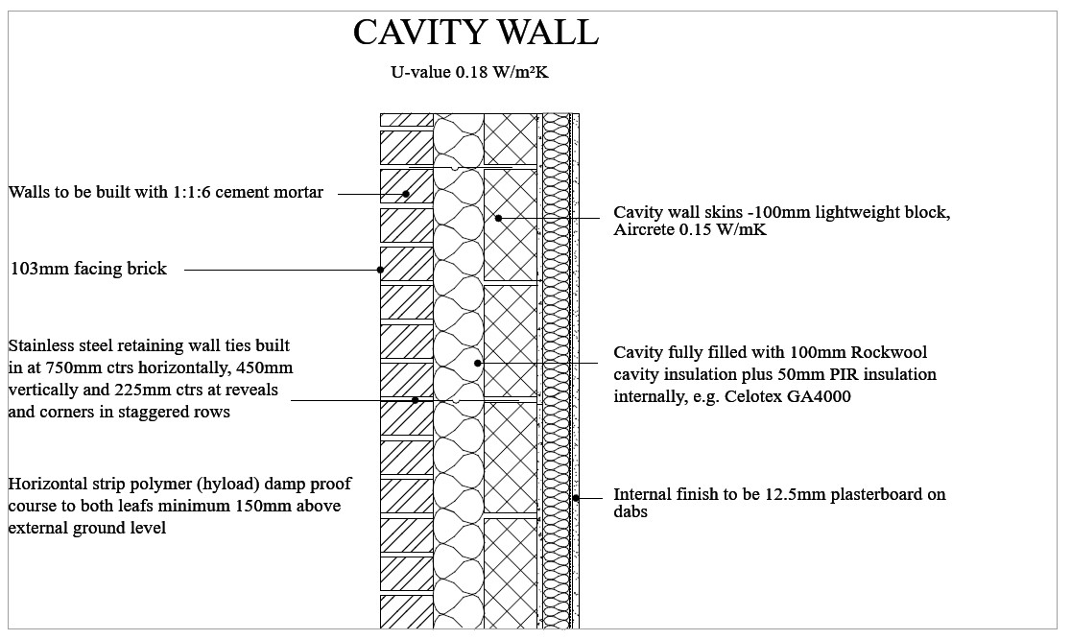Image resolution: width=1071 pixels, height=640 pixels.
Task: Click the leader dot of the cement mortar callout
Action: [x=406, y=194]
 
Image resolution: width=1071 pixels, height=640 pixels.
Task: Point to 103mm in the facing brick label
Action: [x=37, y=270]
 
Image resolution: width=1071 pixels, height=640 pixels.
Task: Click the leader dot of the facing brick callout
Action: [x=381, y=271]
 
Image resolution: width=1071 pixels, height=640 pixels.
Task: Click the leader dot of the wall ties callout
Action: [x=416, y=400]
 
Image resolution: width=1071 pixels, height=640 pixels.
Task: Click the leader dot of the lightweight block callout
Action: [x=498, y=219]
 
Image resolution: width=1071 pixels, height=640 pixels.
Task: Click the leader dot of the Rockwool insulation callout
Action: [x=478, y=363]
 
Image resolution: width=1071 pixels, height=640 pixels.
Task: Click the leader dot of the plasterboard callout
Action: [x=576, y=497]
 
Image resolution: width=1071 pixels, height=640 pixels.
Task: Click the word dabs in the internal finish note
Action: [x=631, y=513]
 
